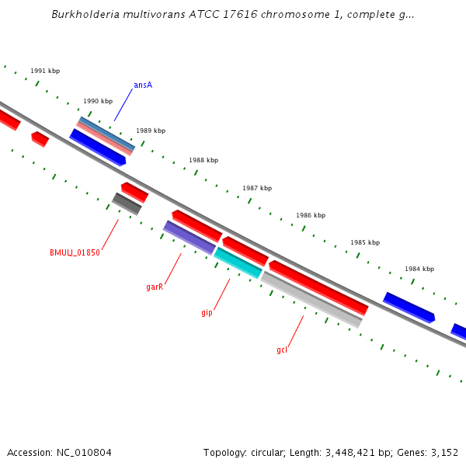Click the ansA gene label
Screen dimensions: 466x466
tap(143, 85)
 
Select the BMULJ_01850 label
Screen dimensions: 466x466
tap(75, 252)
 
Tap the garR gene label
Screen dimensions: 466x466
tap(155, 287)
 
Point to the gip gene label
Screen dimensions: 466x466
tap(207, 313)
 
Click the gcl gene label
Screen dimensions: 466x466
tap(282, 350)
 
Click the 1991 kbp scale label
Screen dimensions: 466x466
tap(45, 71)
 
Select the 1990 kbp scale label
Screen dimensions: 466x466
tap(98, 101)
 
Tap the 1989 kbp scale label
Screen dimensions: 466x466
tap(151, 131)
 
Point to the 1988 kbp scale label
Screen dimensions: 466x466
tap(203, 161)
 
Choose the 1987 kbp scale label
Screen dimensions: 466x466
tap(257, 189)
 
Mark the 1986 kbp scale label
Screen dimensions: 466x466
tap(311, 216)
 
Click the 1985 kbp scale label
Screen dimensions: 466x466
tap(365, 243)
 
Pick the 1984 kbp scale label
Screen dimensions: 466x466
tap(419, 270)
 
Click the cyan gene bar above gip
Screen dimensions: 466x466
tap(238, 263)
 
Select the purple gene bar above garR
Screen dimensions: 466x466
tap(190, 237)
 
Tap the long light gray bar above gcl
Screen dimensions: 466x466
tap(311, 299)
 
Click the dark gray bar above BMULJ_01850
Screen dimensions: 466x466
tap(127, 203)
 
